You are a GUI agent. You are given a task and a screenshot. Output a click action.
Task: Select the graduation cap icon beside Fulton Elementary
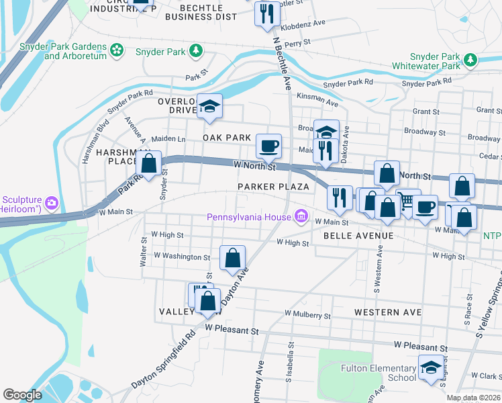[x=431, y=367]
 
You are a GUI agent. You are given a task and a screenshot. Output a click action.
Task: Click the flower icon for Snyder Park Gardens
[x=117, y=50]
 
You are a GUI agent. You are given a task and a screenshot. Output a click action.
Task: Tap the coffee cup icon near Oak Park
[x=268, y=145]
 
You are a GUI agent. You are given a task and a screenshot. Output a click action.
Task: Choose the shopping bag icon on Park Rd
[x=149, y=163]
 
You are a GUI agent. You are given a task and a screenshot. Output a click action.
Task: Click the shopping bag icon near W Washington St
[x=232, y=257]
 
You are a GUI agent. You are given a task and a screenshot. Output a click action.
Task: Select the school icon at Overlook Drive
[x=210, y=106]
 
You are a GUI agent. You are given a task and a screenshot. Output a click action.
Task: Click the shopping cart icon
[x=407, y=200]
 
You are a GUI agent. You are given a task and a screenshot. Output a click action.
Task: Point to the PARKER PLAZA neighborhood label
[x=273, y=186]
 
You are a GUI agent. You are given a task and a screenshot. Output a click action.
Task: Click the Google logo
[x=22, y=395]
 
